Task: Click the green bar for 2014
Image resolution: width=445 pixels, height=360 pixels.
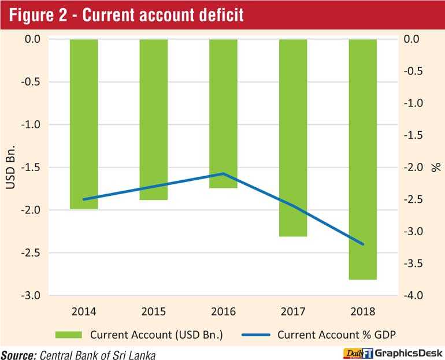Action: tap(84, 124)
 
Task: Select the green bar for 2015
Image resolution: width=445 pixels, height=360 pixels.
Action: tap(154, 120)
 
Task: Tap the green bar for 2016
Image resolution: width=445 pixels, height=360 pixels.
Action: tap(223, 113)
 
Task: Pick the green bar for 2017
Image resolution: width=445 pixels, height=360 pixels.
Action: tap(293, 138)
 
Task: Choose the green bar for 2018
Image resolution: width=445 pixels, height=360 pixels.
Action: tap(363, 159)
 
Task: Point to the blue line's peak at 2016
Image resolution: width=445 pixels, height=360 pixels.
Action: tap(223, 173)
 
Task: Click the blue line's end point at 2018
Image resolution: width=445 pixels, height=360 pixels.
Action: tap(363, 244)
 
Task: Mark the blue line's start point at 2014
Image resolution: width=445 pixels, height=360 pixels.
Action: tap(84, 199)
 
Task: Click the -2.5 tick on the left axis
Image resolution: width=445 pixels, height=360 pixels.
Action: tap(31, 253)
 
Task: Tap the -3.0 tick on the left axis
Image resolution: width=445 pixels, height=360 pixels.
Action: tap(31, 295)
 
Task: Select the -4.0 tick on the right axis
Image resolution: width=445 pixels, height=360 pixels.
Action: tap(413, 295)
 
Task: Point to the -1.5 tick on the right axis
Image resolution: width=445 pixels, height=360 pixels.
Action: tap(413, 135)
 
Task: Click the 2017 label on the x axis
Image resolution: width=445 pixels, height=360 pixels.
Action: tap(293, 311)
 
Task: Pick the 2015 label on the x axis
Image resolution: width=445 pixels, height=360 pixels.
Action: tap(154, 311)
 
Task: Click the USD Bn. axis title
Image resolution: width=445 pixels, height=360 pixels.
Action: tap(10, 167)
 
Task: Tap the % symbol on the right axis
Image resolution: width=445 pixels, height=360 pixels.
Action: tap(436, 167)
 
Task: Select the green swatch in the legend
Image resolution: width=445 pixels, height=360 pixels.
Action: tap(68, 335)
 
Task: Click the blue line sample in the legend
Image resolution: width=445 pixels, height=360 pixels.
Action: tap(255, 335)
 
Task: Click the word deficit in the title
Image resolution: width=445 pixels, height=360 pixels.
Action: tap(221, 15)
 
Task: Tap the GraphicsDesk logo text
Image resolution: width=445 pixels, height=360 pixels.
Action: tap(409, 353)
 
